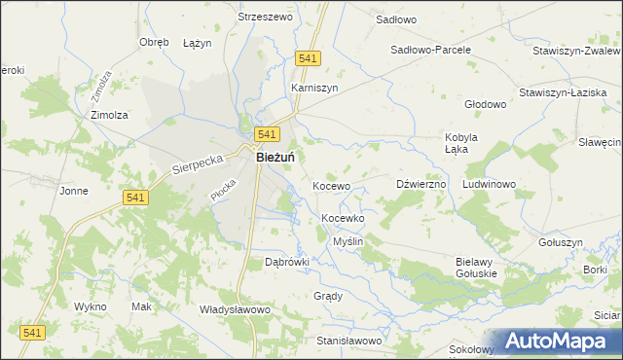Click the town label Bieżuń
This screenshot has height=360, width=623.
pyautogui.click(x=276, y=156)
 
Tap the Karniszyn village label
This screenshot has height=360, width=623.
pyautogui.click(x=314, y=87)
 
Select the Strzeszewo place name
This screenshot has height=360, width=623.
pyautogui.click(x=266, y=17)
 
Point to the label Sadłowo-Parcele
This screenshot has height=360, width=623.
pyautogui.click(x=430, y=49)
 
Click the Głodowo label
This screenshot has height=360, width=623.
pyautogui.click(x=486, y=104)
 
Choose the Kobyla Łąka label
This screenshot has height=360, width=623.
pyautogui.click(x=461, y=142)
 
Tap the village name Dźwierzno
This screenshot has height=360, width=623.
pyautogui.click(x=421, y=184)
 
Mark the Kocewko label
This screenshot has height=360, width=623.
pyautogui.click(x=343, y=219)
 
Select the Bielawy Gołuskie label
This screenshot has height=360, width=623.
pyautogui.click(x=476, y=268)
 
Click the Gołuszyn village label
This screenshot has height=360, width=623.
pyautogui.click(x=560, y=242)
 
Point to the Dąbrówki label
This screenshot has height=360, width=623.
pyautogui.click(x=287, y=262)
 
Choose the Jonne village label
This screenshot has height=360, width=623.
pyautogui.click(x=74, y=191)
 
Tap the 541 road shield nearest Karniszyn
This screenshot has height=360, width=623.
pyautogui.click(x=308, y=59)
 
